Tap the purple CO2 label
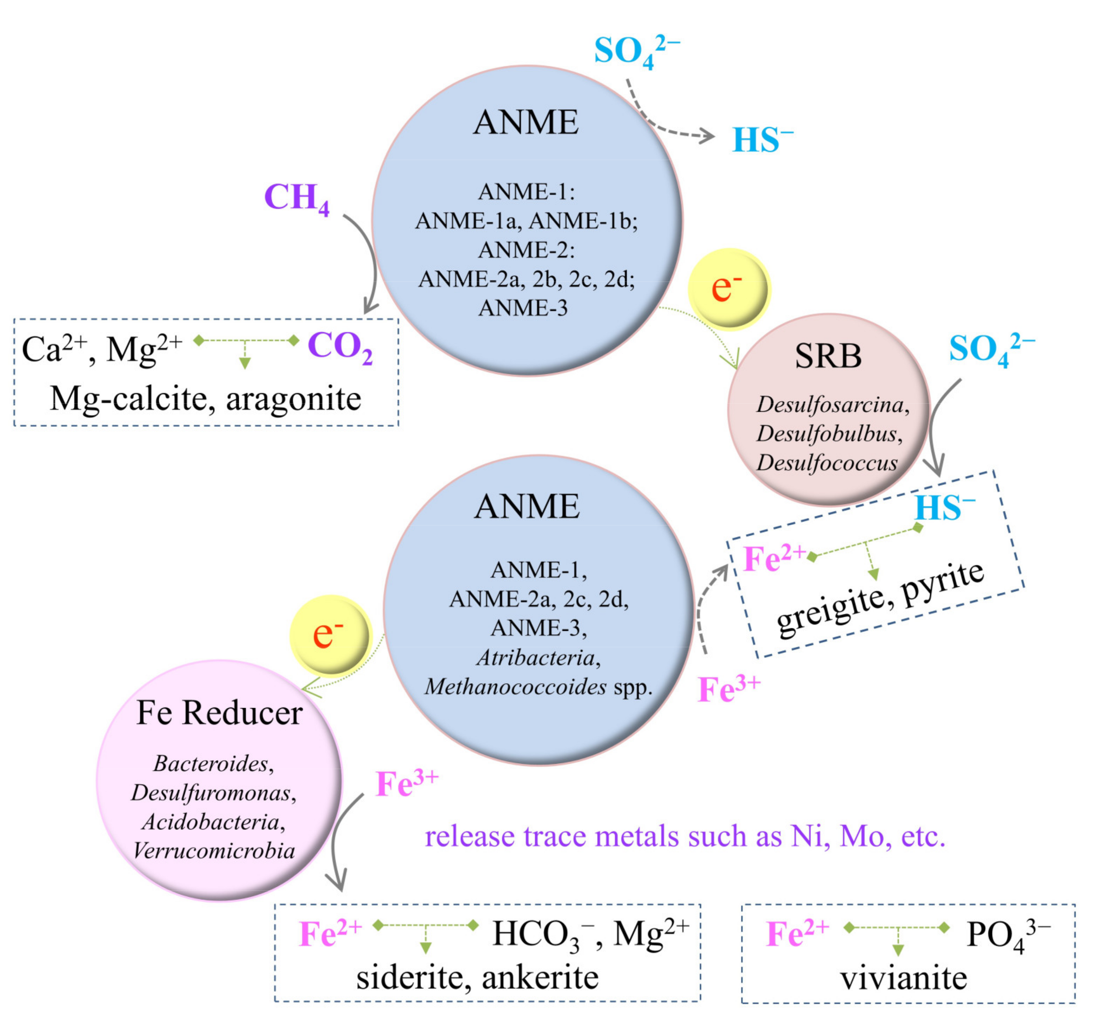[339, 347]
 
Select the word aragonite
[293, 399]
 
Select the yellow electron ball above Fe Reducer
[330, 634]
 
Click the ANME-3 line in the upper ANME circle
[523, 308]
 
